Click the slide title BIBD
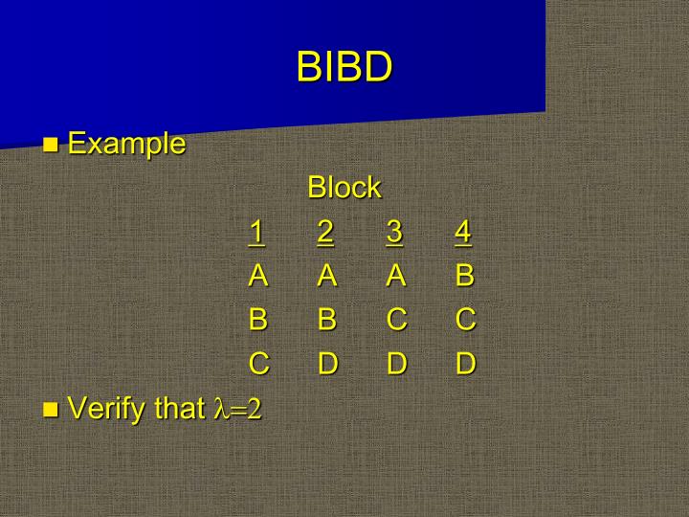point(344,67)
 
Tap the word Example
point(126,144)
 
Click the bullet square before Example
point(52,146)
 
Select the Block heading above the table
point(344,188)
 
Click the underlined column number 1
point(256,232)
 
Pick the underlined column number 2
point(326,232)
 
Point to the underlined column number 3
point(395,232)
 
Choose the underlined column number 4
point(464,232)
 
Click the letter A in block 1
point(257,276)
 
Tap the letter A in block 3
point(396,276)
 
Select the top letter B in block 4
point(465,276)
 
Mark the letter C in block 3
point(396,320)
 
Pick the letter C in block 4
point(465,320)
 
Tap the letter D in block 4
point(465,364)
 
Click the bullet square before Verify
point(52,411)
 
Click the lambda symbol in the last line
point(215,410)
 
